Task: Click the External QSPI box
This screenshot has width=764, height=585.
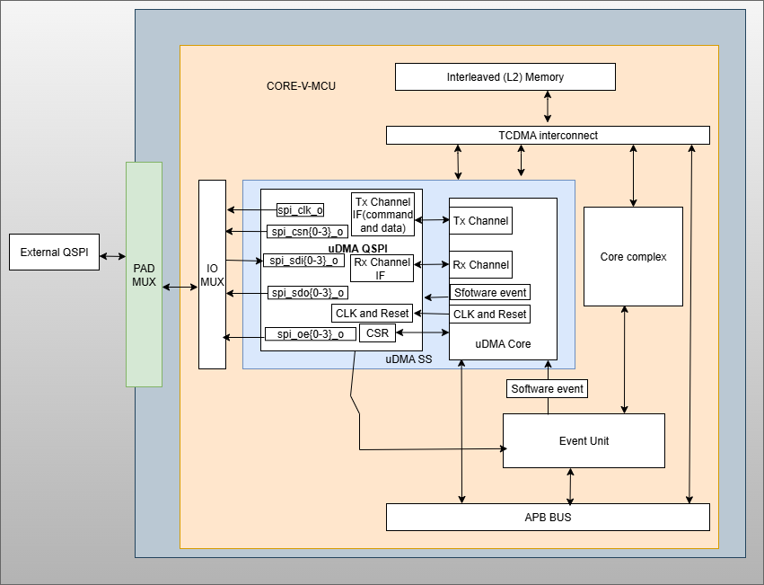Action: click(54, 253)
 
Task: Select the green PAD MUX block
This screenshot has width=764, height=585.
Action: click(144, 274)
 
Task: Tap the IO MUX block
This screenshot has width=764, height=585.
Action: click(213, 274)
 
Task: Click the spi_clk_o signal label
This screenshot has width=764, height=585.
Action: click(300, 210)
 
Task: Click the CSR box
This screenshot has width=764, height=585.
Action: click(377, 333)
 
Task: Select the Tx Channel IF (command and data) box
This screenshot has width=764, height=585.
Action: click(382, 215)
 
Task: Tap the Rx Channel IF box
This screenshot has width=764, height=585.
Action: click(382, 269)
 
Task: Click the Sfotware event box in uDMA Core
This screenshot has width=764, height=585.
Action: click(490, 292)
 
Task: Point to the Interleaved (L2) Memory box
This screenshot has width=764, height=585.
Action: click(505, 77)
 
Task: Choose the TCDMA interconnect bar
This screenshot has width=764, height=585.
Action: click(548, 136)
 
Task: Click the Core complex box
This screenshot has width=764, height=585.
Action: click(633, 256)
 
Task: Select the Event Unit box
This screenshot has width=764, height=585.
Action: click(584, 440)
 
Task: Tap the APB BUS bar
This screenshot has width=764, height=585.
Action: click(548, 518)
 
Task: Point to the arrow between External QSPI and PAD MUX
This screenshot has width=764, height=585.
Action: click(112, 256)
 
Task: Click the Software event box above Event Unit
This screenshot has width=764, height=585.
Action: click(547, 389)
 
